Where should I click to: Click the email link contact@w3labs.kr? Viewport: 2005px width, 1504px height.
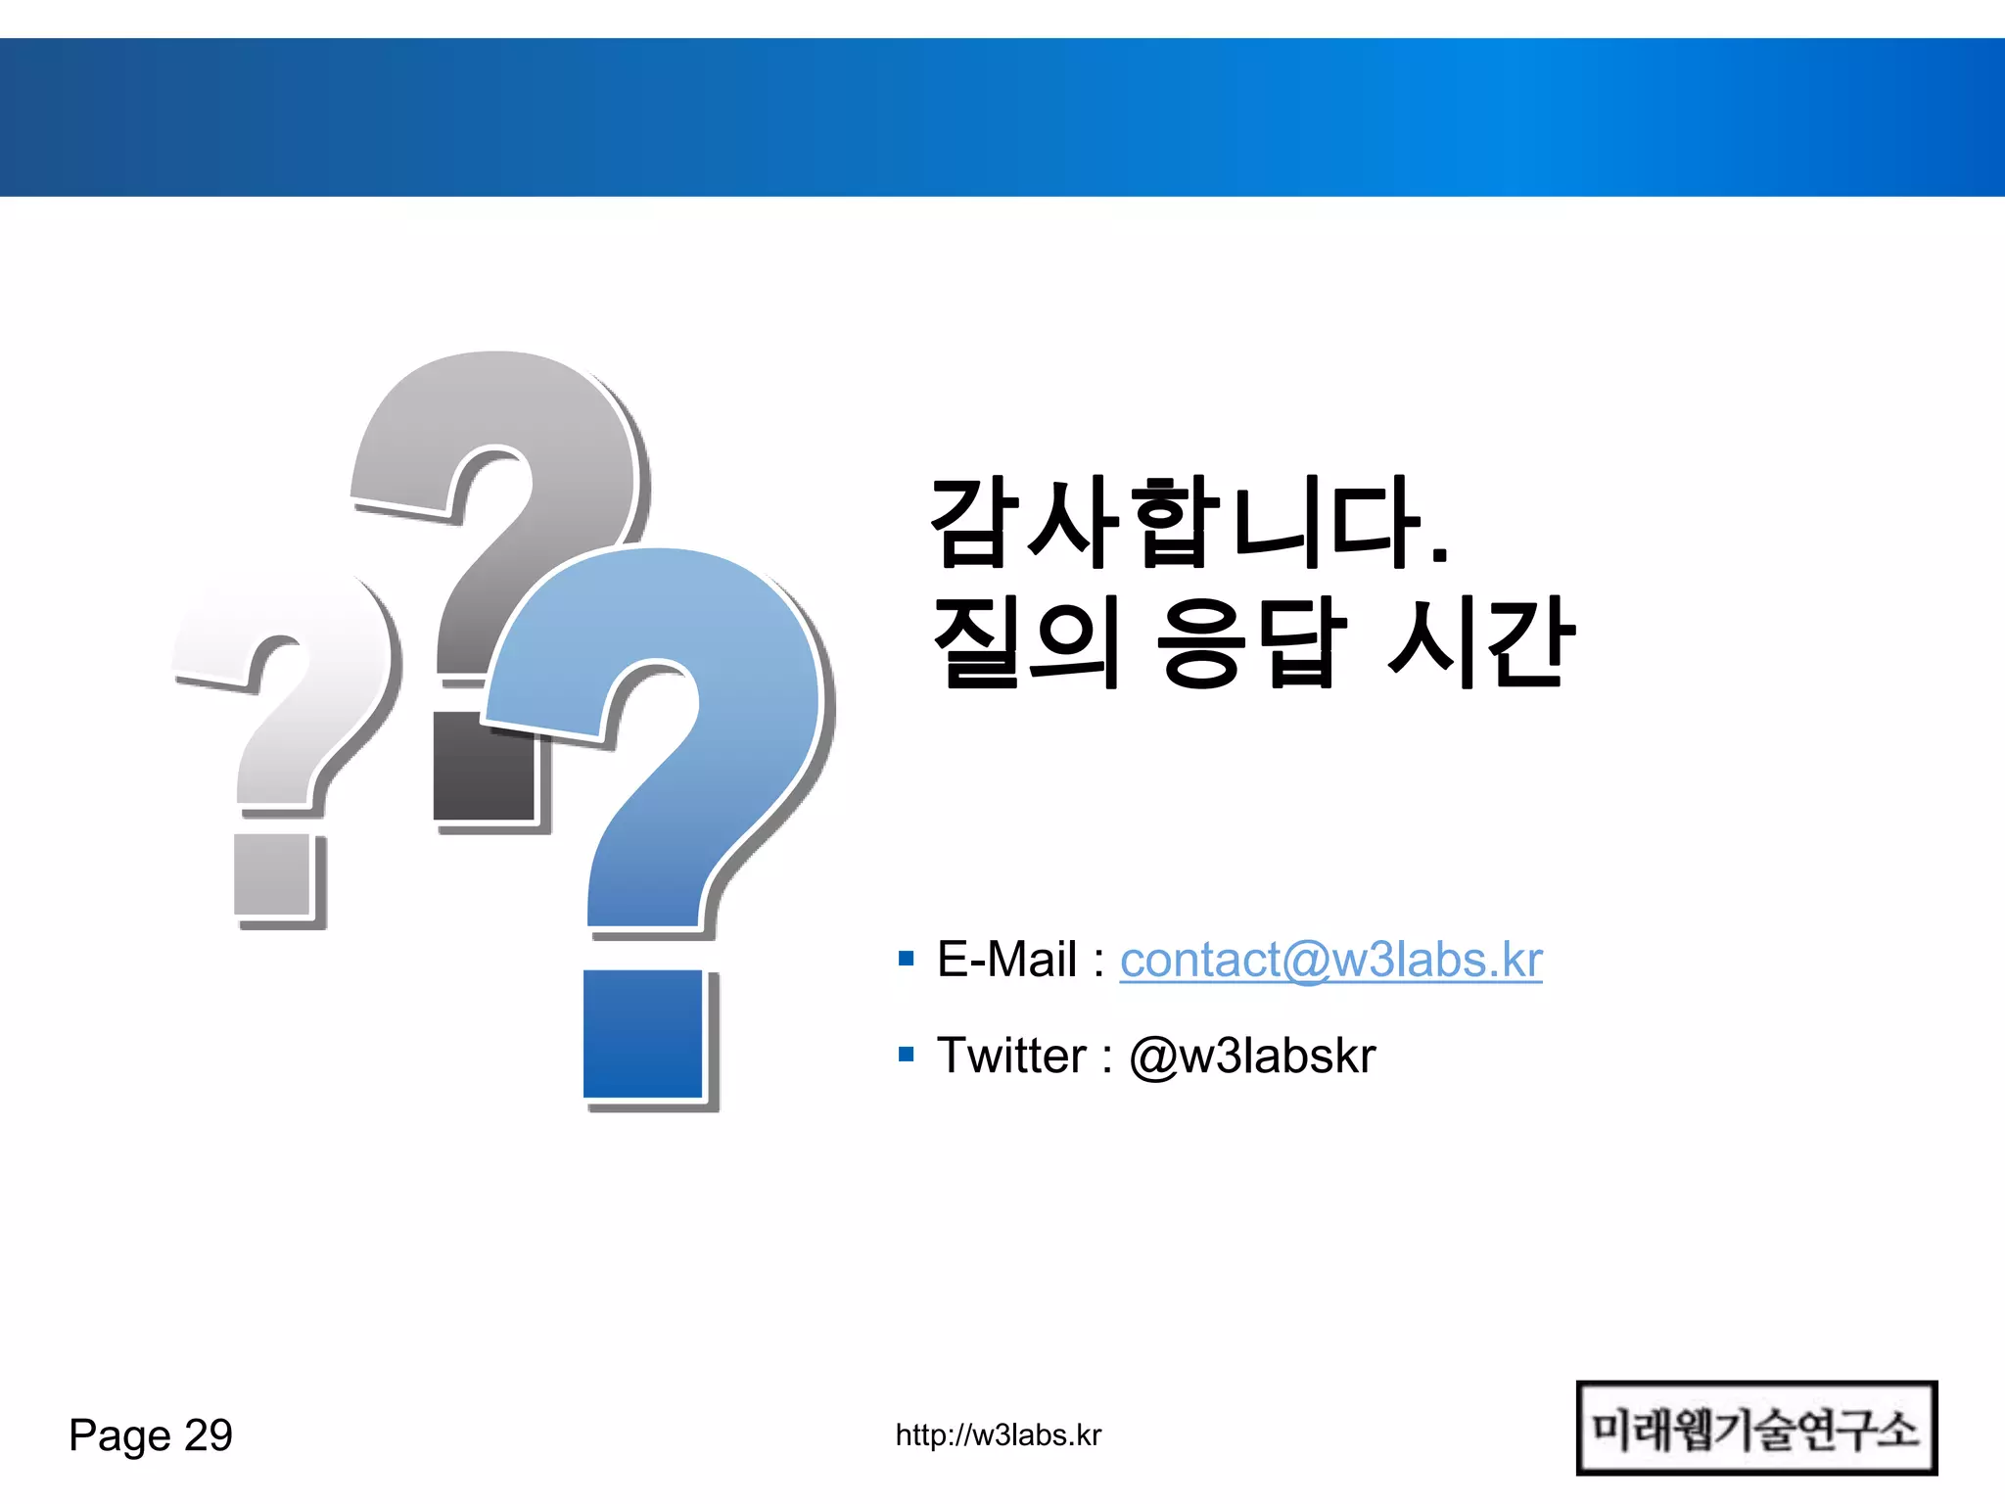tap(1330, 960)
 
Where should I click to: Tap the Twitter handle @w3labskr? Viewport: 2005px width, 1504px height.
tap(1252, 1057)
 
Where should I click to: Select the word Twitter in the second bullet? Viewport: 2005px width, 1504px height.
tap(1011, 1057)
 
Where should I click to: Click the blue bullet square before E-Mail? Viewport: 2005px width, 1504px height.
tap(906, 958)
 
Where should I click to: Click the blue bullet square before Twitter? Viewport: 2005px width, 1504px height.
tap(906, 1055)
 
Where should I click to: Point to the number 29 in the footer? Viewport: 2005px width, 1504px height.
tap(209, 1435)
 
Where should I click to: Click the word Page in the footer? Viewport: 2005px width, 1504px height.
tap(119, 1436)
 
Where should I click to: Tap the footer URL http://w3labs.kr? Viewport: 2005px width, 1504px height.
tap(998, 1435)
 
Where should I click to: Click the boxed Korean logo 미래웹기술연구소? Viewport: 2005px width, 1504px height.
tap(1755, 1429)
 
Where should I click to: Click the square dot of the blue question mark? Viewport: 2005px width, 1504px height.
tap(643, 1034)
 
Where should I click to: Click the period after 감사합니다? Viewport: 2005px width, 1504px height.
tap(1438, 555)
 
